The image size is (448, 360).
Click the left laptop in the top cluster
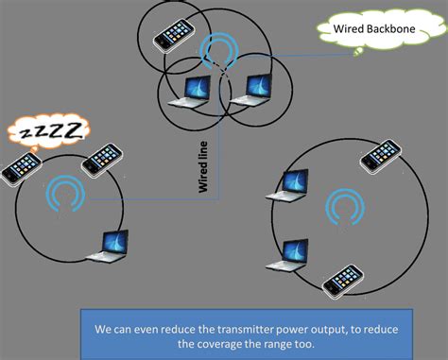(197, 90)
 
